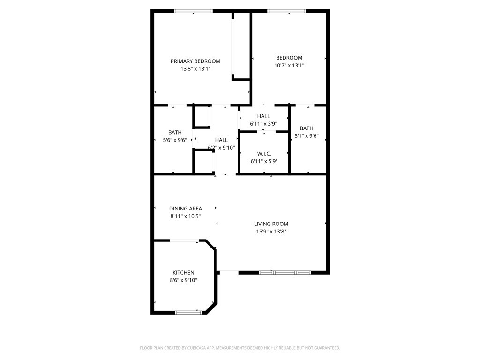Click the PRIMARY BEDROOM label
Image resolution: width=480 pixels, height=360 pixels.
[195, 61]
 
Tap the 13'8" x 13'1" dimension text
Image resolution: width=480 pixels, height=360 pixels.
[195, 69]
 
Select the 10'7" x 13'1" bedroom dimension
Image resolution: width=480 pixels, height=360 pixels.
[289, 66]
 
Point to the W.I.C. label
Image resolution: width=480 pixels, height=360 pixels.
[264, 154]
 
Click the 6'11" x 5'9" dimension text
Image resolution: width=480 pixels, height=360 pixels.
[264, 161]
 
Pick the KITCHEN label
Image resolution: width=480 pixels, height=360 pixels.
[183, 273]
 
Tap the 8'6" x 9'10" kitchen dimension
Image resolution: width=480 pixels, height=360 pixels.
[183, 280]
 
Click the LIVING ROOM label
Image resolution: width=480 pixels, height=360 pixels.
[271, 224]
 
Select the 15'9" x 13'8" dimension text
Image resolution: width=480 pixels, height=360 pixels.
[271, 232]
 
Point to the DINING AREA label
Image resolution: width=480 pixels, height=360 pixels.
[186, 209]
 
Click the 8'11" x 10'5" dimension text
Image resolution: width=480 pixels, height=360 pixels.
[186, 216]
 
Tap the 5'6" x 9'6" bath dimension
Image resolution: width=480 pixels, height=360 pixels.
[175, 140]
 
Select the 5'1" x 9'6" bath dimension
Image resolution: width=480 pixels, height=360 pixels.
[307, 136]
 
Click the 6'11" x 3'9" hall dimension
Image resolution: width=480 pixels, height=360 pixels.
[263, 124]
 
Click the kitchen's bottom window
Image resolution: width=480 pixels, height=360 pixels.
[189, 312]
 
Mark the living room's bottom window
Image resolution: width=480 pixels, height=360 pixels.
[285, 272]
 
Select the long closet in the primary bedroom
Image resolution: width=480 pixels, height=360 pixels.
[241, 46]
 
